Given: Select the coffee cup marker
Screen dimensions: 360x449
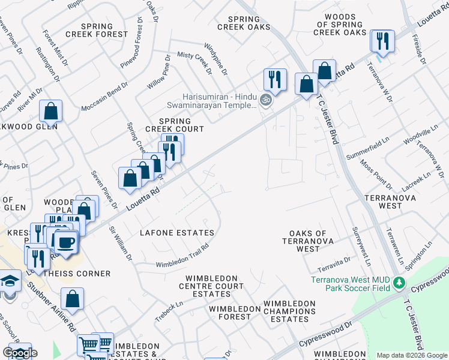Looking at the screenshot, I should pos(65,242).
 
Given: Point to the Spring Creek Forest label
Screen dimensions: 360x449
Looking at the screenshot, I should pos(106,31).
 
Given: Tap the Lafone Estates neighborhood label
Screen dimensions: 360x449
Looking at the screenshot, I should pos(176,233).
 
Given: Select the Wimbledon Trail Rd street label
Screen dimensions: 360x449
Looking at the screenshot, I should pos(182,256).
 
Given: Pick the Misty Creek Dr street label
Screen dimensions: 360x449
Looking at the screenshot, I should pos(195,63).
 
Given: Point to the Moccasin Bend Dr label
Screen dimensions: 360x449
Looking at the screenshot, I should pos(103,94).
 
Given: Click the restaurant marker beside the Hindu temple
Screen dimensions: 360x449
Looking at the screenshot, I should pos(274,80).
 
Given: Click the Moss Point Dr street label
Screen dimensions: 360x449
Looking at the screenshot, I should pos(376,173).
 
